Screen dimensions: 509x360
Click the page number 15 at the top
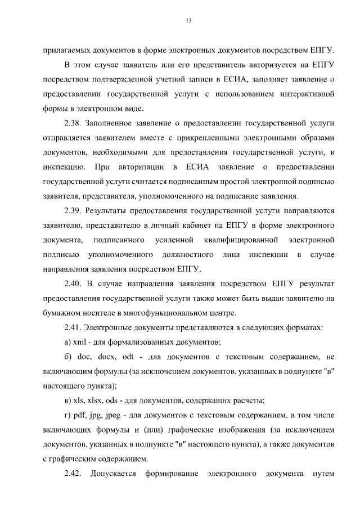click(x=188, y=21)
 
